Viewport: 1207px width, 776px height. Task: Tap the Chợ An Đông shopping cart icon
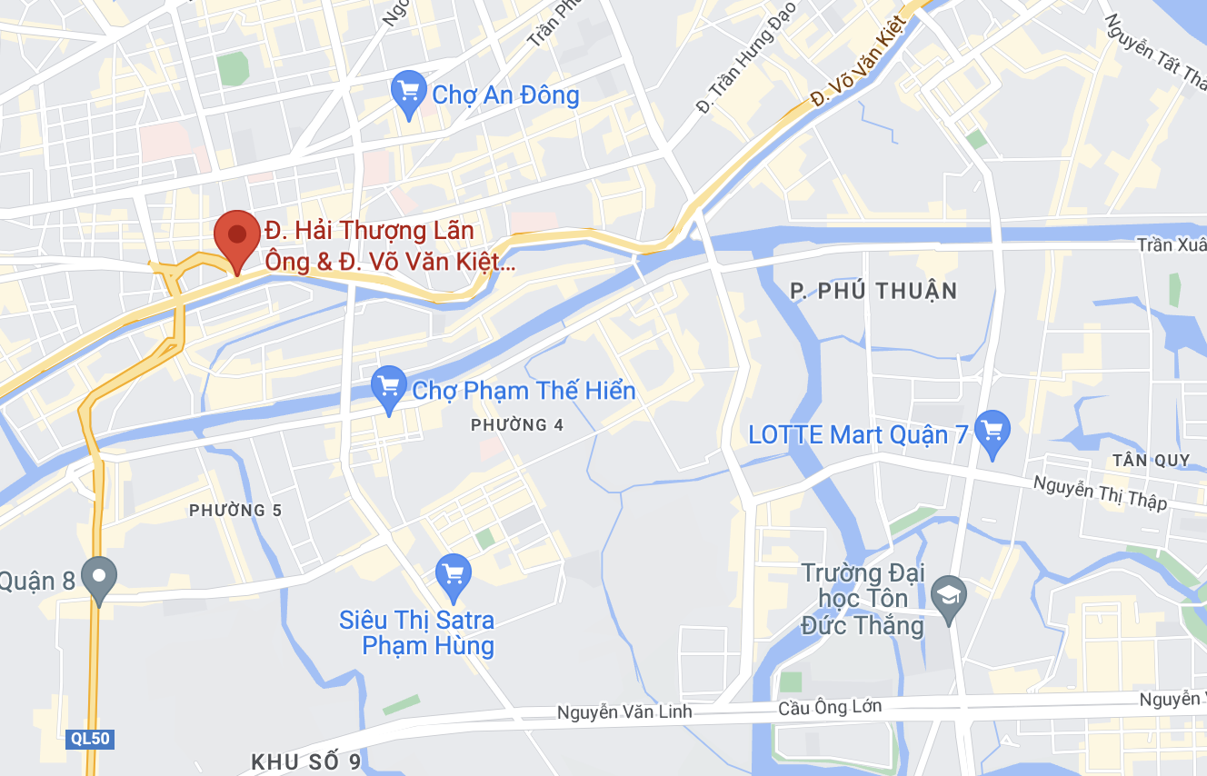(408, 93)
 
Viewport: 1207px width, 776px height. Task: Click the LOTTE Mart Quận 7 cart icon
(992, 433)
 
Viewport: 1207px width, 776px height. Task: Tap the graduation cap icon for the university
(949, 599)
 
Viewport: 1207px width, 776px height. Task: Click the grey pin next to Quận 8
(99, 578)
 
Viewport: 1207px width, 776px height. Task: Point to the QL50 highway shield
(90, 739)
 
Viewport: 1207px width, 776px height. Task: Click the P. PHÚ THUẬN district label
(873, 291)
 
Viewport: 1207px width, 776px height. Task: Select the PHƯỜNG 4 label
(511, 425)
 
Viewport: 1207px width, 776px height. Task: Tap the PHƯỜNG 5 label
(235, 511)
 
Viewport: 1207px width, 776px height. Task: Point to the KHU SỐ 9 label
(306, 761)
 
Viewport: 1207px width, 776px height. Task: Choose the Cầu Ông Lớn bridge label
(830, 707)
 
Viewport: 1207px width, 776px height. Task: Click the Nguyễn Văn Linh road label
(624, 712)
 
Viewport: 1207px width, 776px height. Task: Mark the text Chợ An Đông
(505, 95)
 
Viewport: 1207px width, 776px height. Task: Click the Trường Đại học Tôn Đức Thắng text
(862, 599)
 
